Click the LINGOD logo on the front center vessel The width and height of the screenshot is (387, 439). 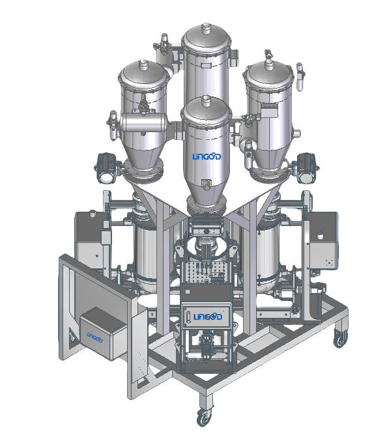pyautogui.click(x=207, y=156)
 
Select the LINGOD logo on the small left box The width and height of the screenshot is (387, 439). pyautogui.click(x=94, y=337)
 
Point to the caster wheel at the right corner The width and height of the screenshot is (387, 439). pyautogui.click(x=341, y=338)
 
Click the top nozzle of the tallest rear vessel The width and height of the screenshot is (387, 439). pyautogui.click(x=206, y=28)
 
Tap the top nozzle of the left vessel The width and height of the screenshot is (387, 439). pyautogui.click(x=143, y=64)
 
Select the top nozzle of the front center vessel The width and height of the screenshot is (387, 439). pyautogui.click(x=206, y=101)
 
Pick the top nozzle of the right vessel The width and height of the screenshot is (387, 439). pyautogui.click(x=269, y=65)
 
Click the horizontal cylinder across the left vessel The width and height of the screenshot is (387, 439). pyautogui.click(x=143, y=122)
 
